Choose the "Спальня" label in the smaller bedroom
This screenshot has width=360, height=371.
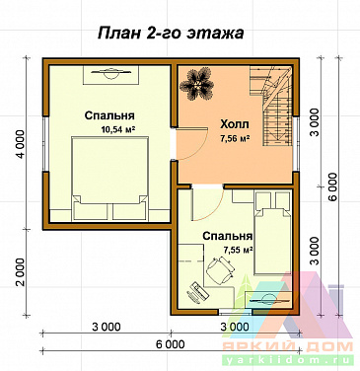(228, 237)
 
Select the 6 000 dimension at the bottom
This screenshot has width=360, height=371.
(170, 345)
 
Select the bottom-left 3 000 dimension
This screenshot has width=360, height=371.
(107, 326)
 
